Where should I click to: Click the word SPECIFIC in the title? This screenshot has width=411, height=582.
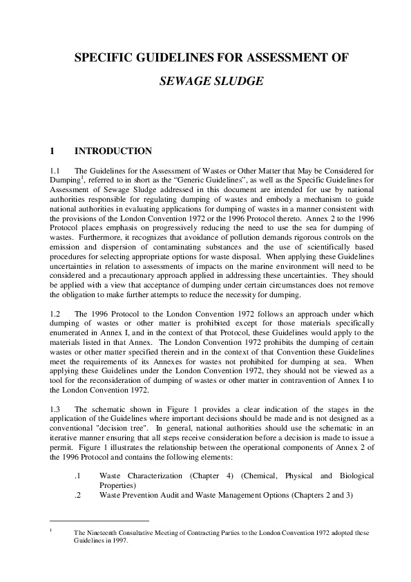pos(104,57)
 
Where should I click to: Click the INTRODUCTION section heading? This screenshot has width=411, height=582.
pos(113,151)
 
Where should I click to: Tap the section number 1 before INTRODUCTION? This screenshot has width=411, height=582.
pos(52,151)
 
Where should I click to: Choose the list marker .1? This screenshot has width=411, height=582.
pos(78,476)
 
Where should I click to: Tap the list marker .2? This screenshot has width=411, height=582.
pos(78,494)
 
